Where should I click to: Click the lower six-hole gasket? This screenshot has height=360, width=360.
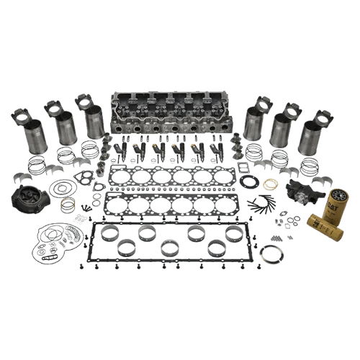pyautogui.click(x=173, y=208)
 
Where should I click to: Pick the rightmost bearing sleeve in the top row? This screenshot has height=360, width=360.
pyautogui.click(x=234, y=235)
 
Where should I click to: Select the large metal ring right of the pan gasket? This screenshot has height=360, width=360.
pyautogui.click(x=274, y=255)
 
